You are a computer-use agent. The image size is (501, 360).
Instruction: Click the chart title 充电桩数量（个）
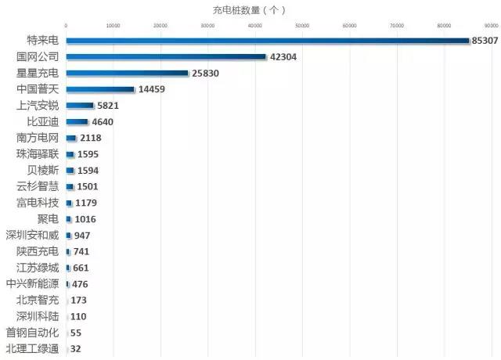coord(250,9)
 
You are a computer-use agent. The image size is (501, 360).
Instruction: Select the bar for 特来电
coord(266,40)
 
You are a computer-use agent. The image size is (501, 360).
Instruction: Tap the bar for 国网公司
coord(166,56)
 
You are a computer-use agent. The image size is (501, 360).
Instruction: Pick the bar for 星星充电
coord(127,73)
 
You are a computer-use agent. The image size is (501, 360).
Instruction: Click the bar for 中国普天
coord(100,89)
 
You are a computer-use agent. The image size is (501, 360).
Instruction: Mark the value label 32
coord(76,349)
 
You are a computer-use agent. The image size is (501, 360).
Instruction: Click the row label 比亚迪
coord(42,121)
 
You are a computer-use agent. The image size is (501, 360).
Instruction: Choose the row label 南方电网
coord(37,138)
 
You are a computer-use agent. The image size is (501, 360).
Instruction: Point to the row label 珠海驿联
coord(37,154)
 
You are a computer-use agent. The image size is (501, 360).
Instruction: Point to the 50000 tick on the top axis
coord(302,26)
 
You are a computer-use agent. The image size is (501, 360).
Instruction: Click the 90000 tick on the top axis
coord(491,26)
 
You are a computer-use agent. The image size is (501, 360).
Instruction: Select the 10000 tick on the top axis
coord(113,26)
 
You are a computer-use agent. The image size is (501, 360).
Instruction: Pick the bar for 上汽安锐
coord(80,106)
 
